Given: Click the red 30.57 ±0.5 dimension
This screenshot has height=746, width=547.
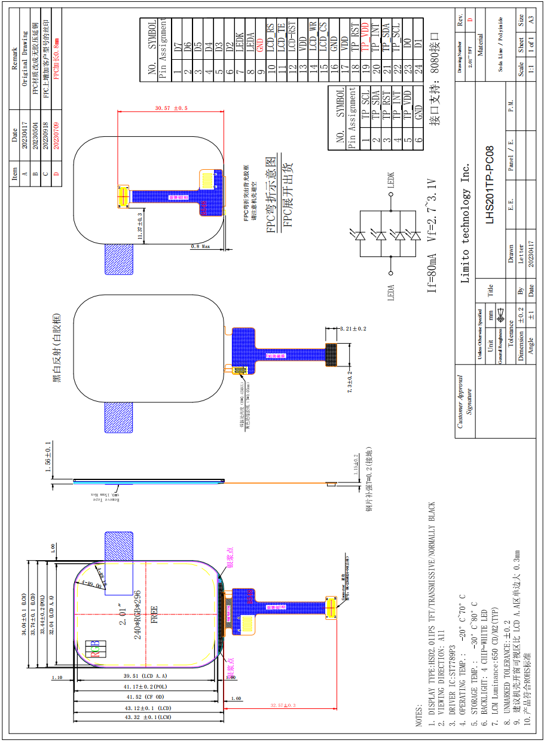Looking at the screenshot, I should point(171,108).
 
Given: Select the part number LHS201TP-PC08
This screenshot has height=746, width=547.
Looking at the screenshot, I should point(490,185).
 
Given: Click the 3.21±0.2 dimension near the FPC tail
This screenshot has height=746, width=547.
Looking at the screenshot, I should point(353,329).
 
